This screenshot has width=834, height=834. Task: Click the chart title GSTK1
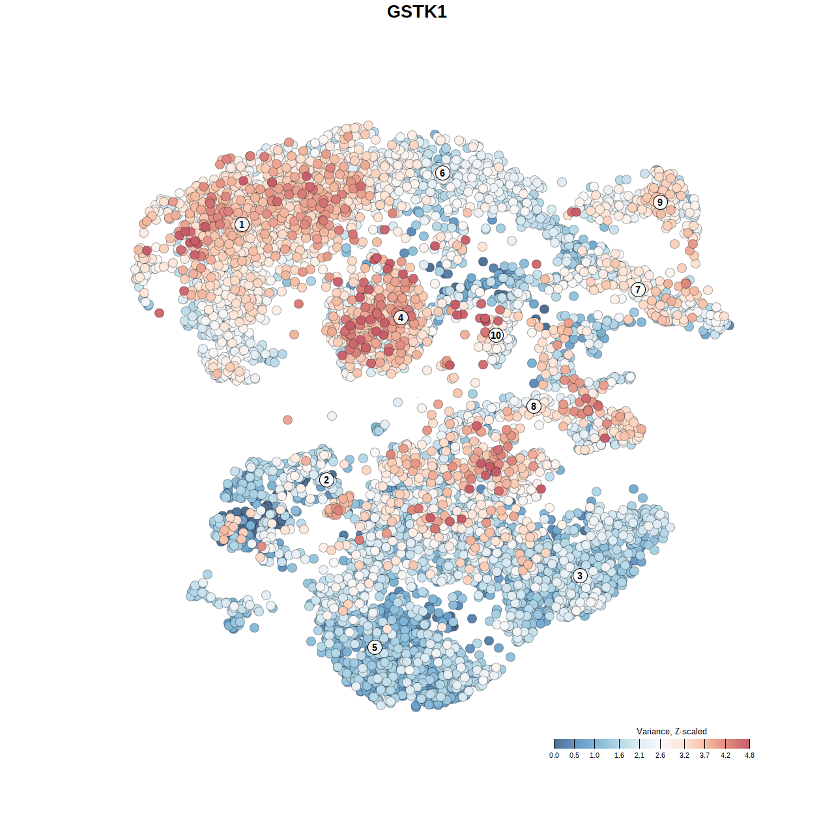pos(417,12)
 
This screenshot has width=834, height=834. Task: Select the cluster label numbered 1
pos(242,224)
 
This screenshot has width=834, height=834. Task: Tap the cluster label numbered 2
pos(326,480)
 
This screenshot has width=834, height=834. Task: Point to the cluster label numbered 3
pos(580,575)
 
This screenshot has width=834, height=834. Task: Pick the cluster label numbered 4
pos(401,317)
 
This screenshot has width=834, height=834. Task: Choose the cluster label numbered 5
pos(375,647)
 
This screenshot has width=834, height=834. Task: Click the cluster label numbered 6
pos(442,173)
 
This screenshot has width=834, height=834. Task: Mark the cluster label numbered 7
pos(638,290)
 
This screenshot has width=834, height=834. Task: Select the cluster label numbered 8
pos(534,406)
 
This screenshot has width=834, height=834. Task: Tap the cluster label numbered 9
pos(660,202)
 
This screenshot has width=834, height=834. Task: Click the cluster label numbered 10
pos(496,335)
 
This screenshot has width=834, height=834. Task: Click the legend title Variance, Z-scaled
pos(671,731)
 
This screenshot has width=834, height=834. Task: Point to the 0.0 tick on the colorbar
pos(554,755)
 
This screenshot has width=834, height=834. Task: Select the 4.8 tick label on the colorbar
pos(749,755)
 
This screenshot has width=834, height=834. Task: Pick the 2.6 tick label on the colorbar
pos(660,755)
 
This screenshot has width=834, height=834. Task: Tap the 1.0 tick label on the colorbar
pos(595,755)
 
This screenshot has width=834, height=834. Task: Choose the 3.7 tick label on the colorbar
pos(704,755)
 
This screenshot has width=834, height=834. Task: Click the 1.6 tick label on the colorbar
pos(619,755)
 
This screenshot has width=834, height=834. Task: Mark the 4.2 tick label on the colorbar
pos(725,755)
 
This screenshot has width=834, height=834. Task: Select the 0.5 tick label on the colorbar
pos(574,755)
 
